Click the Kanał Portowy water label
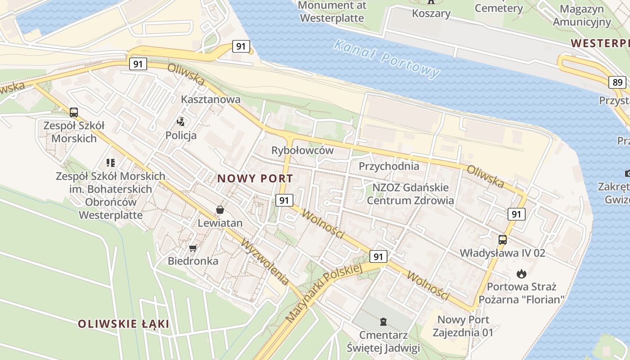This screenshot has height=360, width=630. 387,58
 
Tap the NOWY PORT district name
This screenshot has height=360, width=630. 255,178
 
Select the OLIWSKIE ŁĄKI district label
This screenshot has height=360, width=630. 123,324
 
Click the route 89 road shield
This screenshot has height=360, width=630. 617,82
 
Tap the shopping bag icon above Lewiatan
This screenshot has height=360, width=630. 220,209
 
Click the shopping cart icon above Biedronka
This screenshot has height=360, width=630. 193,247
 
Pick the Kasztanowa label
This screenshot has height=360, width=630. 211,99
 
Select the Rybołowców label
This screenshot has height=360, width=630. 302,150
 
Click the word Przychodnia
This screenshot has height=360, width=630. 389,166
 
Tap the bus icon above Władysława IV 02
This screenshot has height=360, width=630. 503,239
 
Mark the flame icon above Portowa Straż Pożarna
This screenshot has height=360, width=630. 522,273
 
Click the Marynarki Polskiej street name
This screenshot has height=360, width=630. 324,293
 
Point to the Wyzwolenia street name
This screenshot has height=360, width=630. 265,262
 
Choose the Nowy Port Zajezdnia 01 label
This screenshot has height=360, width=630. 463,326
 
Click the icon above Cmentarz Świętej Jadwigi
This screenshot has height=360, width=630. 383,321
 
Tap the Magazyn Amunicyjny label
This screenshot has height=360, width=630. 581,15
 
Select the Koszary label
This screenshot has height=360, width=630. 431,13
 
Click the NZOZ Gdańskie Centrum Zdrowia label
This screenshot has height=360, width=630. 410,193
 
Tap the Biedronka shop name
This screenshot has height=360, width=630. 193,261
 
